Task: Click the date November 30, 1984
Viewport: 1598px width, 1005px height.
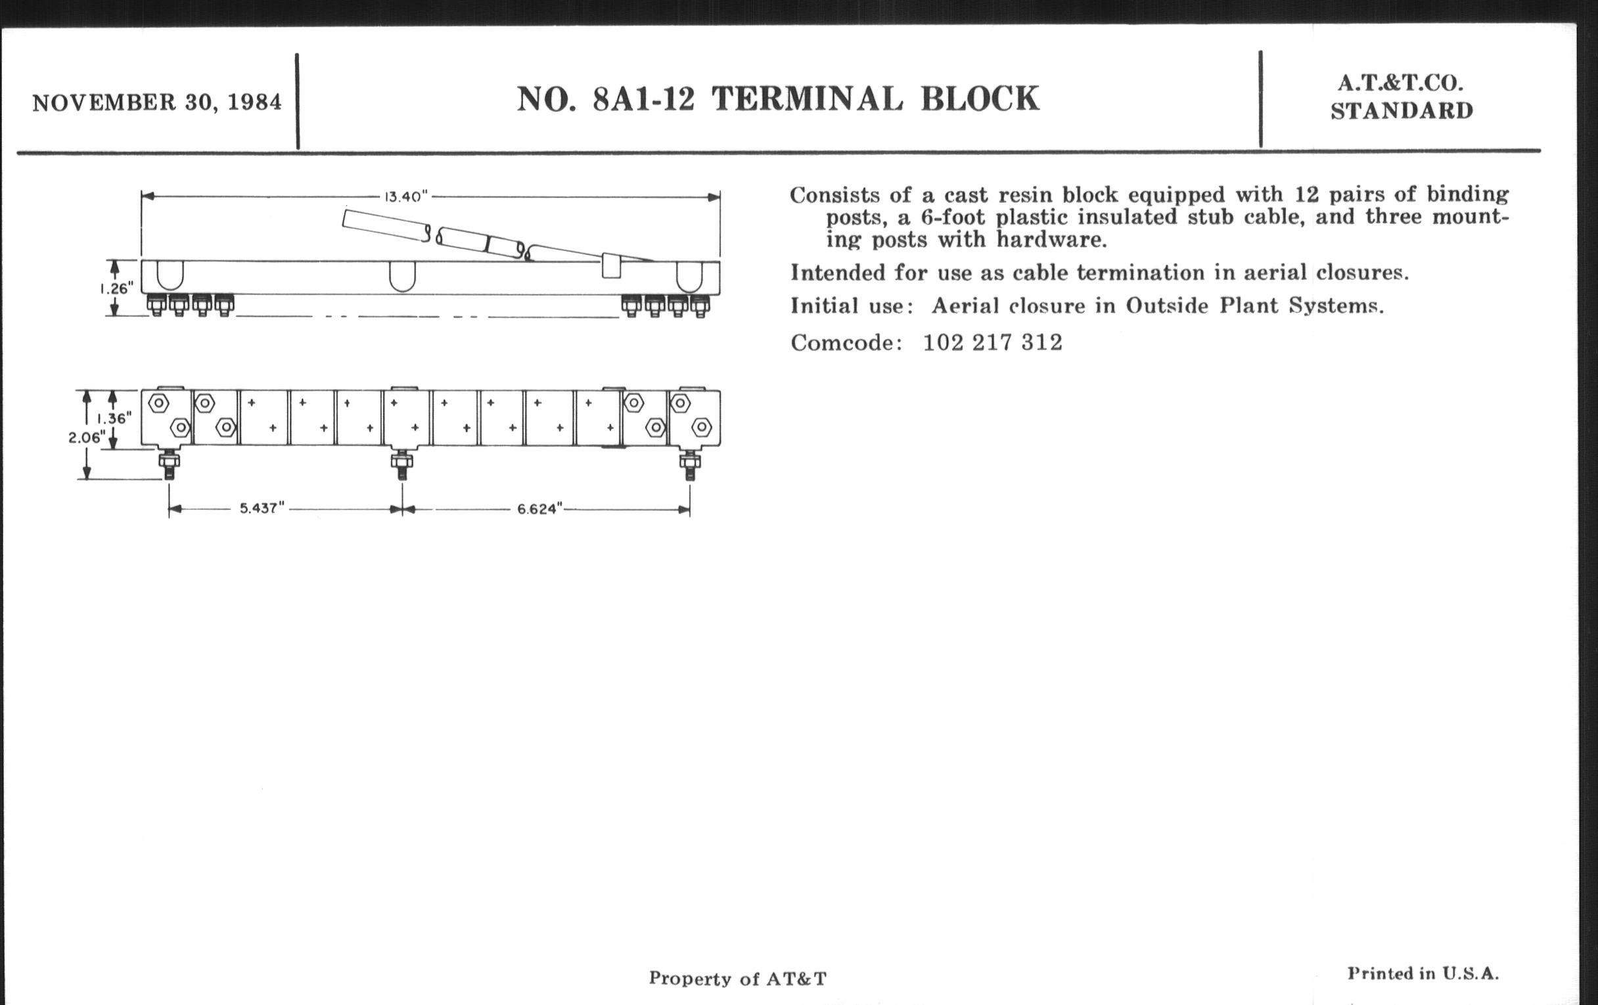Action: click(157, 103)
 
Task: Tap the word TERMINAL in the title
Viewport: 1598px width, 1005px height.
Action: click(808, 99)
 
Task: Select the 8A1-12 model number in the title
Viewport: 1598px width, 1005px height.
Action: click(644, 99)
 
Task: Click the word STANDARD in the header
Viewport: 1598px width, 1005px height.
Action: click(1402, 111)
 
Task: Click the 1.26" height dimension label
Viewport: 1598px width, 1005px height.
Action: click(117, 288)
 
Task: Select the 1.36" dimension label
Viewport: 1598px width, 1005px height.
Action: click(114, 418)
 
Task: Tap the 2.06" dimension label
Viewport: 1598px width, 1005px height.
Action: click(87, 438)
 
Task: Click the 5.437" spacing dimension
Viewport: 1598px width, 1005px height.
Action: click(262, 508)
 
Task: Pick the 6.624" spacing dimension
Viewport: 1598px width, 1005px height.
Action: click(539, 509)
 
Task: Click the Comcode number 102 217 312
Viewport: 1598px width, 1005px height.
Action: click(993, 342)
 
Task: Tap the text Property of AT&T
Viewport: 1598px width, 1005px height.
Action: click(738, 979)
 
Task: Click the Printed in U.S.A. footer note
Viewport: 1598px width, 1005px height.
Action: click(1423, 973)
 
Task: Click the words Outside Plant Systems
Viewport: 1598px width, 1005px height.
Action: click(1255, 306)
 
